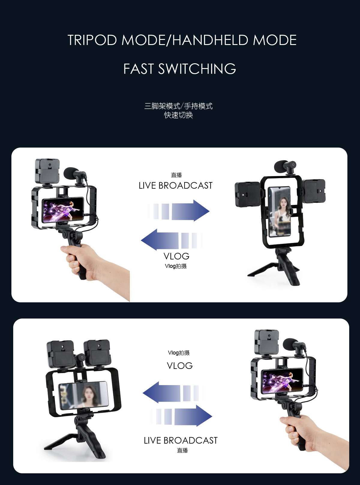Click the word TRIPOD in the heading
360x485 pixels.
[x=92, y=40]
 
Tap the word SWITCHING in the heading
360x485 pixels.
[x=197, y=69]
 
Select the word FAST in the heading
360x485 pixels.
[x=138, y=69]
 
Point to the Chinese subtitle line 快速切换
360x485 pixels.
[x=178, y=115]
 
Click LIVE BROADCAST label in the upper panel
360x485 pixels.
[x=175, y=186]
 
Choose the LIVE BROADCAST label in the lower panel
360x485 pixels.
[x=181, y=440]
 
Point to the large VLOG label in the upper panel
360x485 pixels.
[x=176, y=256]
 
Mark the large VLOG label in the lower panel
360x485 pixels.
[x=180, y=366]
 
